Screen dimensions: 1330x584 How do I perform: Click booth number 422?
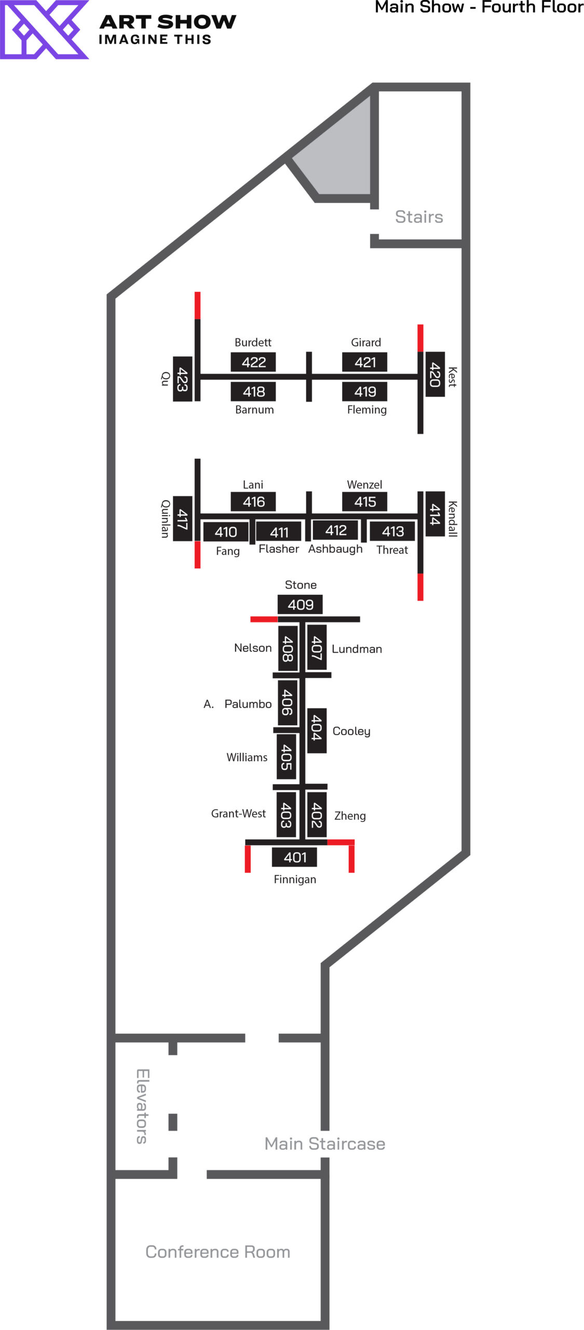(x=253, y=362)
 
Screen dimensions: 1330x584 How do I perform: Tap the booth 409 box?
(x=300, y=604)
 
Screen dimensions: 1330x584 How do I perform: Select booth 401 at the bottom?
(x=294, y=857)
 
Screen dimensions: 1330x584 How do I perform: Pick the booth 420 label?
(x=435, y=374)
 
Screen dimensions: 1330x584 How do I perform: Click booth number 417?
(x=182, y=518)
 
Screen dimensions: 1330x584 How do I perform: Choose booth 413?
(x=392, y=531)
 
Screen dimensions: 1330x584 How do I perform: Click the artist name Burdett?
(x=253, y=342)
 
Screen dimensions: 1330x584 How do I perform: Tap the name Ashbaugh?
(x=335, y=549)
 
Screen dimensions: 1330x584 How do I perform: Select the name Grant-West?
(x=238, y=813)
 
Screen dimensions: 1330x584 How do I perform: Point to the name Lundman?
(x=357, y=649)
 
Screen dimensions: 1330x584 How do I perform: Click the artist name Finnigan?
(x=295, y=879)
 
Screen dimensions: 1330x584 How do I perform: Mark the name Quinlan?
(x=165, y=518)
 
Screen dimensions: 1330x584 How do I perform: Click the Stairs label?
(x=419, y=217)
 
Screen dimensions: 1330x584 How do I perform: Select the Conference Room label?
(x=218, y=1252)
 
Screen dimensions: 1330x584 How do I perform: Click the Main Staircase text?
(x=324, y=1143)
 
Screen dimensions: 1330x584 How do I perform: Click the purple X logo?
(x=44, y=30)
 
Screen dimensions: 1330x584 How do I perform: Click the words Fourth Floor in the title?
(x=532, y=7)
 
